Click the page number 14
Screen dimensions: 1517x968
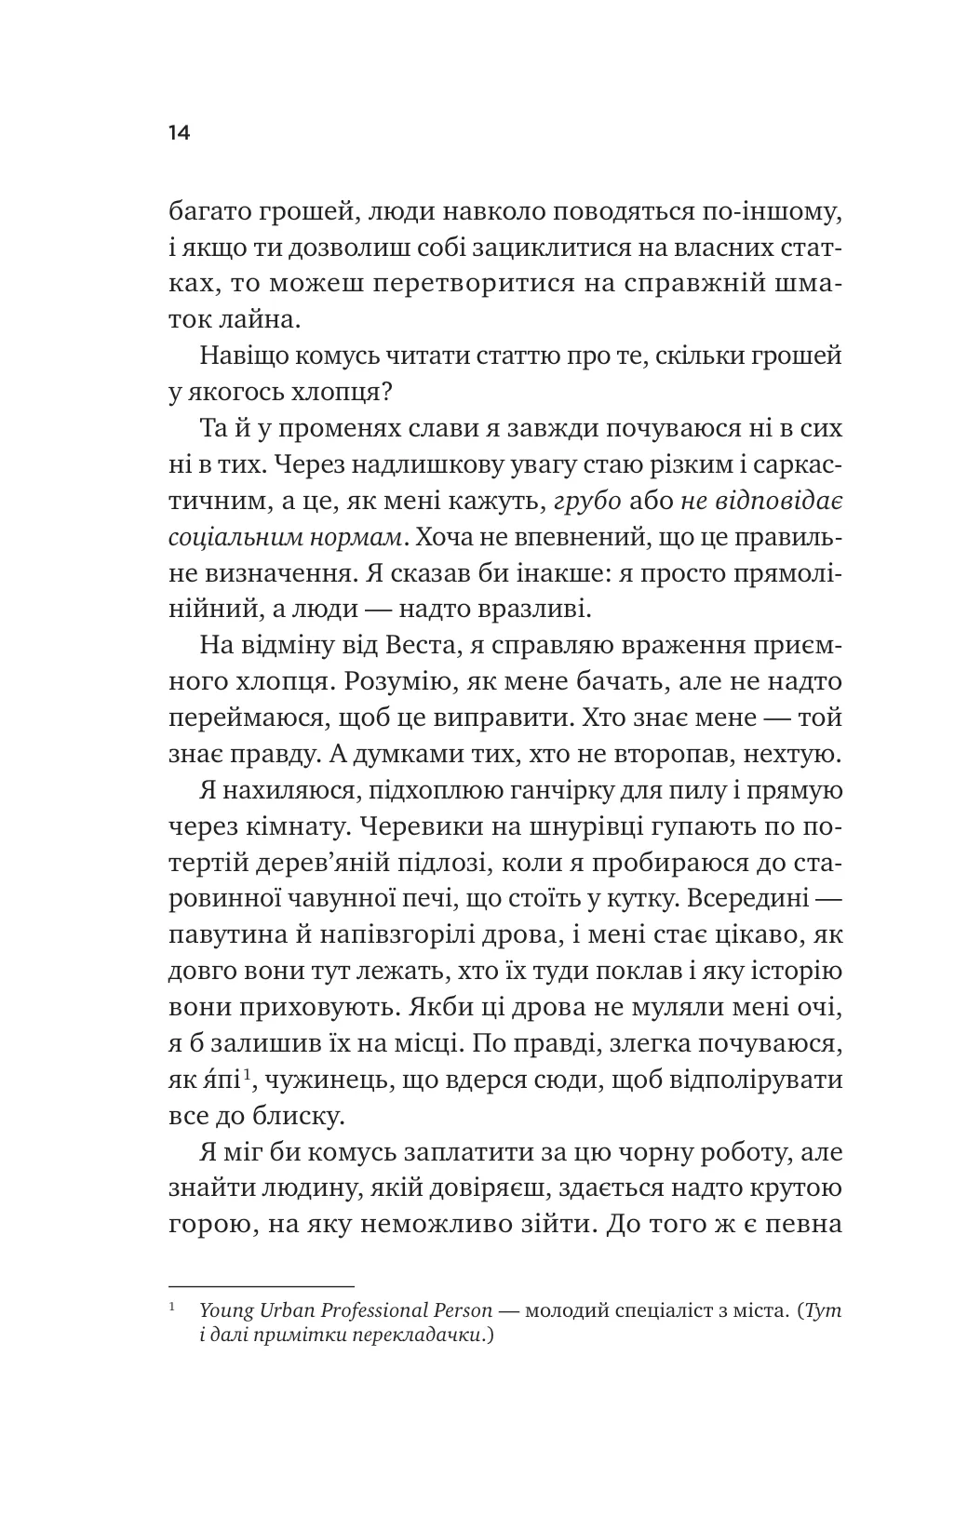pos(179,132)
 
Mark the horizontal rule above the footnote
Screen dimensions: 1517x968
pos(261,1284)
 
